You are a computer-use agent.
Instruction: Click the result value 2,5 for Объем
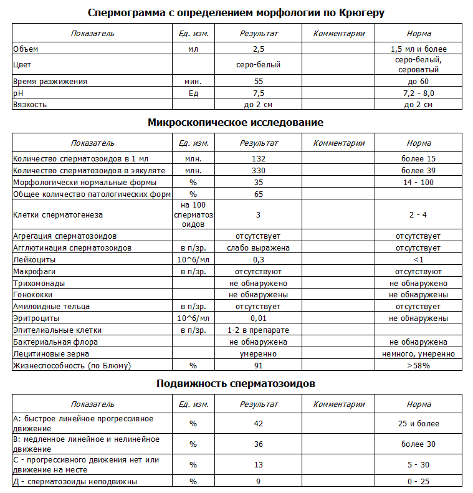click(259, 49)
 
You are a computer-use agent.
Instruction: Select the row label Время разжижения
click(50, 82)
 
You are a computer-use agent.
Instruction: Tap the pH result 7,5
click(259, 93)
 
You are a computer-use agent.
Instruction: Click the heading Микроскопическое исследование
click(236, 123)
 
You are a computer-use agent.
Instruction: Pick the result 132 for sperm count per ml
click(259, 159)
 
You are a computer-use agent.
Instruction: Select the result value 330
click(259, 171)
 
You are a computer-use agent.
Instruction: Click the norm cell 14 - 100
click(418, 183)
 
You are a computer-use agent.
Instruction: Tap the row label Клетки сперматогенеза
click(58, 215)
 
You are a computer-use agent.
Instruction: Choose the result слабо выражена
click(259, 248)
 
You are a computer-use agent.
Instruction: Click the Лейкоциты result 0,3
click(259, 259)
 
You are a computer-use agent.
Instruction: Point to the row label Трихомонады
click(39, 283)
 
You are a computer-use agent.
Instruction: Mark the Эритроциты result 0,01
click(259, 318)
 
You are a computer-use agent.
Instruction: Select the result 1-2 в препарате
click(259, 330)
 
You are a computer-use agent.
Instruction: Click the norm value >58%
click(418, 366)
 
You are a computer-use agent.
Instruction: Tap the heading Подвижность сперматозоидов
click(236, 384)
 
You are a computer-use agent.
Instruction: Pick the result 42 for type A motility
click(259, 424)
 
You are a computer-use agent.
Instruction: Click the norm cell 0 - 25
click(418, 482)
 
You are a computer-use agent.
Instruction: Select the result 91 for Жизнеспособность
click(259, 366)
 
